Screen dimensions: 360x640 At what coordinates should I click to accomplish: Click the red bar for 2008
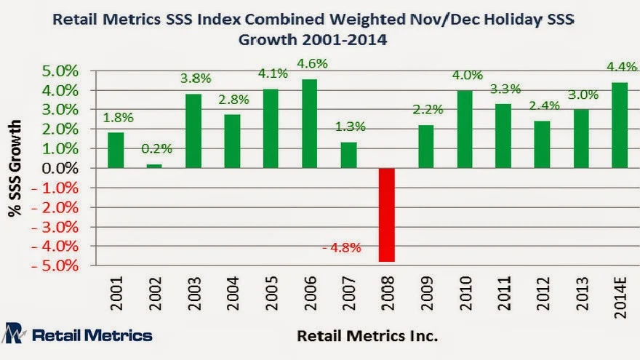(x=388, y=215)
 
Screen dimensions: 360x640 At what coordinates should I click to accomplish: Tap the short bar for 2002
(x=155, y=166)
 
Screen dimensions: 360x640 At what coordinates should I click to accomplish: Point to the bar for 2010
(x=465, y=129)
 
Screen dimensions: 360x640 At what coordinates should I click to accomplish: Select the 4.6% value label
(x=311, y=63)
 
